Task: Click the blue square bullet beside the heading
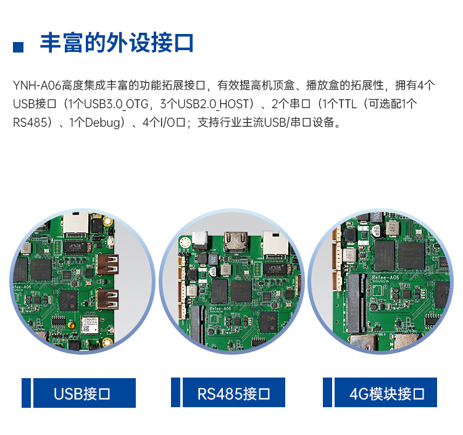point(18,47)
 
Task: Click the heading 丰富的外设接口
point(117,43)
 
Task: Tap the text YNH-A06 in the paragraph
point(37,85)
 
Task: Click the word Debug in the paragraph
point(102,123)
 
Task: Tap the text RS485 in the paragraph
point(30,122)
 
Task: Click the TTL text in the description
point(347,104)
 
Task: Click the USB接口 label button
point(85,393)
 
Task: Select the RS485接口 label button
point(234,392)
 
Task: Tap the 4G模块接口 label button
point(386,392)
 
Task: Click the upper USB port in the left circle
point(108,264)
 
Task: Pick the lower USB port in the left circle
point(108,299)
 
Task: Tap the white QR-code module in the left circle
point(90,325)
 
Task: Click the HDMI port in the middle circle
point(236,241)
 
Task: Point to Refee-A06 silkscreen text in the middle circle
point(220,308)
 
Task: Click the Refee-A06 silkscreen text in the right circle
point(385,278)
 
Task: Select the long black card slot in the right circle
point(357,303)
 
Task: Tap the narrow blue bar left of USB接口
point(26,393)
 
